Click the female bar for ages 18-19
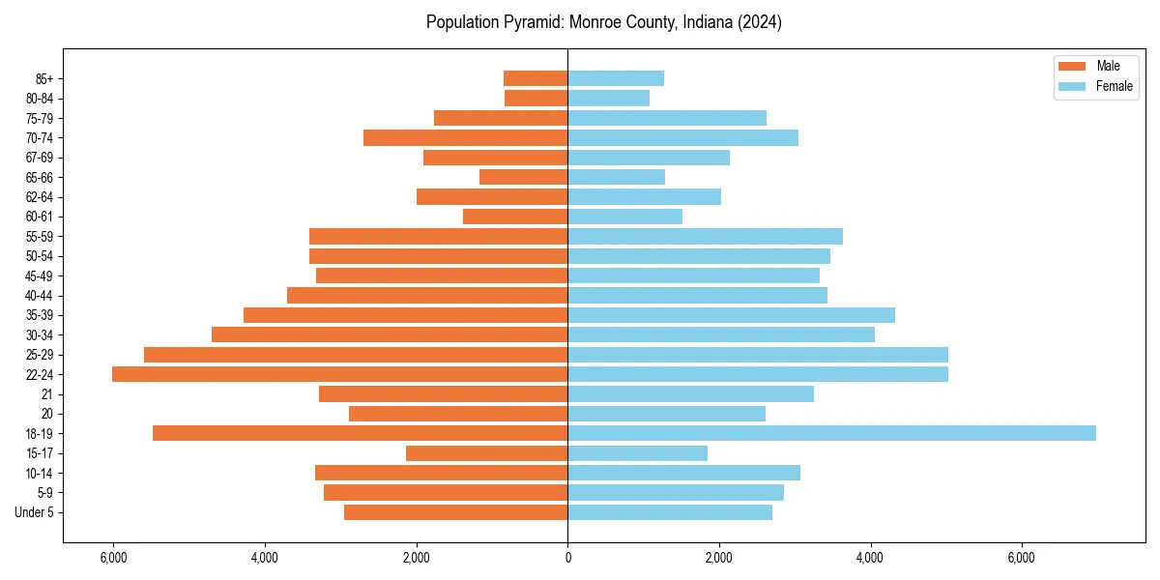pos(831,433)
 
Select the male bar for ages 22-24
pos(339,374)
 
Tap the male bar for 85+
pos(536,78)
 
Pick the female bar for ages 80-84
pos(608,98)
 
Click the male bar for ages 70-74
pos(465,137)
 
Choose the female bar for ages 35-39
pos(731,315)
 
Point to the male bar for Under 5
pos(455,512)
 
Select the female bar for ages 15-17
pos(637,453)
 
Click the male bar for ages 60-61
pos(515,217)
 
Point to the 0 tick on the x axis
pos(567,558)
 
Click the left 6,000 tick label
pos(113,558)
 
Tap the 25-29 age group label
pos(40,355)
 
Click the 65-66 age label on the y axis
pos(40,177)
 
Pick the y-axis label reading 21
pos(47,394)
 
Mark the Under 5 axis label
pos(35,512)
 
